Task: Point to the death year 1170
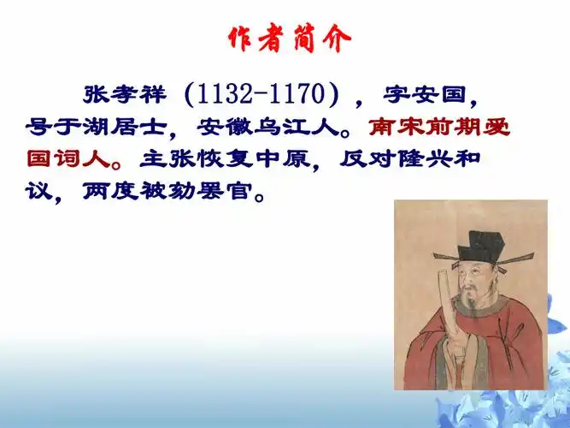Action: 291,92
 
